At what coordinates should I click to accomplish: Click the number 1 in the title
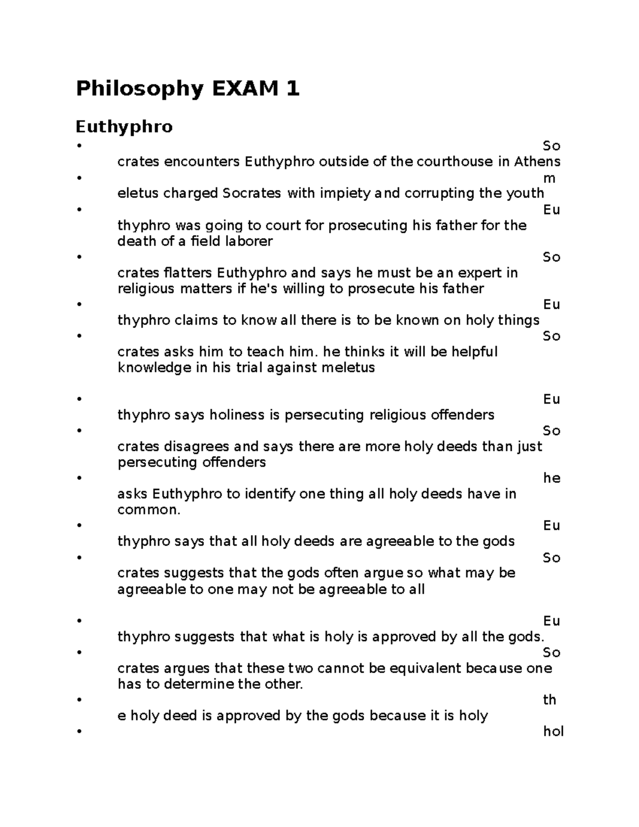pyautogui.click(x=292, y=88)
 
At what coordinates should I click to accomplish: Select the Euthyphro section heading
pyautogui.click(x=124, y=127)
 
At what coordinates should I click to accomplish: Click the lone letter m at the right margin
pyautogui.click(x=549, y=178)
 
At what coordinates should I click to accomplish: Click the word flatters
pyautogui.click(x=189, y=273)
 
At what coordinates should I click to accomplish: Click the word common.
pyautogui.click(x=149, y=510)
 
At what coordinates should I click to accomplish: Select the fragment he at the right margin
pyautogui.click(x=552, y=478)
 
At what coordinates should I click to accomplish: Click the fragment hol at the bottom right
pyautogui.click(x=553, y=732)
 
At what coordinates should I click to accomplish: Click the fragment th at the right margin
pyautogui.click(x=550, y=700)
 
